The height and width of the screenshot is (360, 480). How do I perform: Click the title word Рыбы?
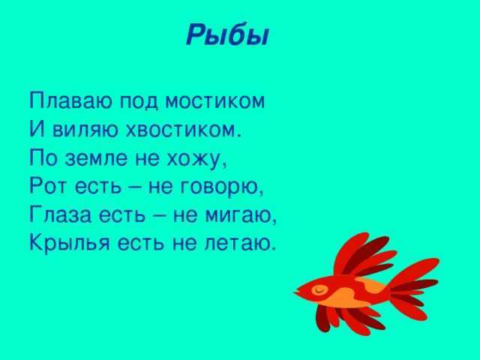227,35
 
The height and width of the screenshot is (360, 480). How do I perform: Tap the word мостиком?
215,100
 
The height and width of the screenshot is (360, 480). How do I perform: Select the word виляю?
85,130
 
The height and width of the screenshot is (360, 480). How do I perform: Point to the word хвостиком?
183,130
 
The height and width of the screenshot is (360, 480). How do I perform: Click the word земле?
96,158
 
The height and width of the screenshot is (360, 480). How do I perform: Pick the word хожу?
196,159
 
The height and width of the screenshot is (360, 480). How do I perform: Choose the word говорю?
220,187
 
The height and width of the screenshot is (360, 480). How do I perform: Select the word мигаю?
241,214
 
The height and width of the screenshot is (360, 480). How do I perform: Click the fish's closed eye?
319,289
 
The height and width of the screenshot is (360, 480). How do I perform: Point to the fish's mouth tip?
295,293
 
